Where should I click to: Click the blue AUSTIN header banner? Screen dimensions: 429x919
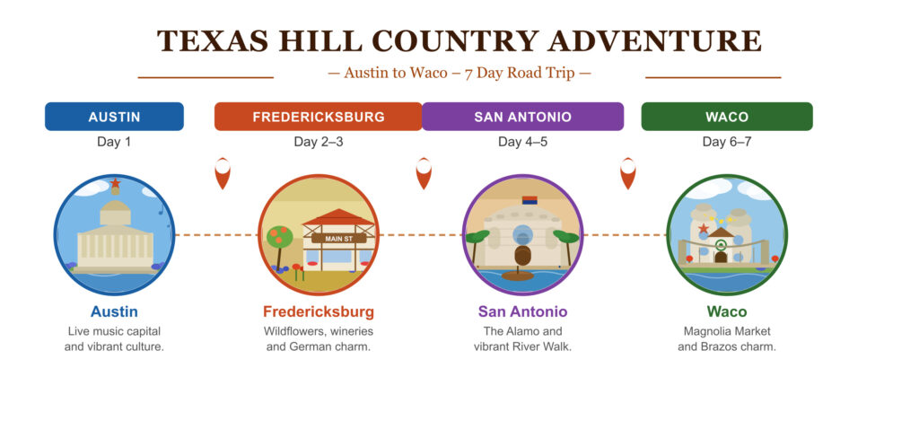(x=114, y=117)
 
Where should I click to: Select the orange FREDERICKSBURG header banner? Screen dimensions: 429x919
(x=318, y=117)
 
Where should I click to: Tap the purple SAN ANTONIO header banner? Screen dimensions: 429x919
(x=522, y=117)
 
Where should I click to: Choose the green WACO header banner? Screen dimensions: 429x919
(x=726, y=117)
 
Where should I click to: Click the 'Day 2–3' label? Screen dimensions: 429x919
(x=318, y=142)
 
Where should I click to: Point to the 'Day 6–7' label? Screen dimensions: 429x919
(x=726, y=142)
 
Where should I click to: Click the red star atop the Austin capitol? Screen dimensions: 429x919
(x=115, y=184)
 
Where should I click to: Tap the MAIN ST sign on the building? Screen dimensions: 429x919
(x=338, y=238)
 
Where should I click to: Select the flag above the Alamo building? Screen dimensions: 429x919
(x=530, y=200)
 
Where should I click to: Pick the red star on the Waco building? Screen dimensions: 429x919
(x=704, y=230)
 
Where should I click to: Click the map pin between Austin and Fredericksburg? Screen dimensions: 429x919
(x=222, y=172)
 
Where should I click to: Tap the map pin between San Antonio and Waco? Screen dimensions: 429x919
(x=628, y=172)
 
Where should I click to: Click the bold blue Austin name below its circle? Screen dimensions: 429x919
(x=114, y=312)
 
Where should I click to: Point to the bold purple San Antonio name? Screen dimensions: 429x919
(x=522, y=312)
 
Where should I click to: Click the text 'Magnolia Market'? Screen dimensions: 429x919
(x=726, y=331)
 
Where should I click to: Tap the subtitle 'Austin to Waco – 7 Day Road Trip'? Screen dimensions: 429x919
(x=459, y=73)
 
